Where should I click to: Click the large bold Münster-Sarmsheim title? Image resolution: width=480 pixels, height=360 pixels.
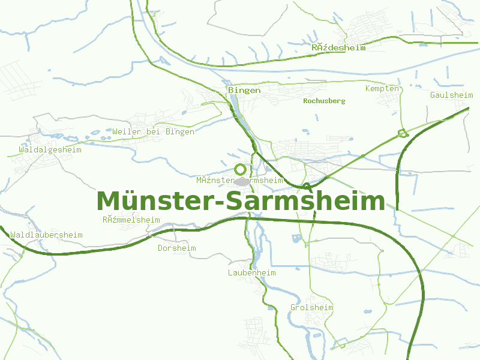click(x=240, y=201)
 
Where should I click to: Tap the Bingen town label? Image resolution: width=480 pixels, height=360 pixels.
click(x=244, y=90)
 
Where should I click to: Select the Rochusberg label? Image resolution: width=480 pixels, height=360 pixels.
click(x=324, y=101)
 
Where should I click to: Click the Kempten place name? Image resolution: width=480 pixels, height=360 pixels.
click(x=382, y=89)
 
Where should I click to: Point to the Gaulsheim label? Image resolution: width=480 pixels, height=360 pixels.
click(x=451, y=95)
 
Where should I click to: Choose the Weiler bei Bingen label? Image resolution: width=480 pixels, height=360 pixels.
click(x=153, y=131)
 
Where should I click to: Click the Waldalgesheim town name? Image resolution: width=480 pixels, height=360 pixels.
click(x=50, y=149)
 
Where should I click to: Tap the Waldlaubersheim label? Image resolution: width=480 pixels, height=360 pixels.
click(x=46, y=235)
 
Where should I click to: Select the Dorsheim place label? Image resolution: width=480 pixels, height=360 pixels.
click(x=176, y=248)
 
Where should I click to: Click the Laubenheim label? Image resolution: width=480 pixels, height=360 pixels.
click(x=251, y=272)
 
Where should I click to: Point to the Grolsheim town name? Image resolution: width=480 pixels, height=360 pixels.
click(x=311, y=307)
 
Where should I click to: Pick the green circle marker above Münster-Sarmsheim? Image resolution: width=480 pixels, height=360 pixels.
click(x=241, y=169)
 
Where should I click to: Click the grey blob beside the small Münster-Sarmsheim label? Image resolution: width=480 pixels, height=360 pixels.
click(x=242, y=181)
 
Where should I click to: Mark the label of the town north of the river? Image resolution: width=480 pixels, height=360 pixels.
click(x=338, y=47)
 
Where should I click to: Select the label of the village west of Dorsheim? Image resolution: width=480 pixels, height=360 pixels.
click(x=131, y=220)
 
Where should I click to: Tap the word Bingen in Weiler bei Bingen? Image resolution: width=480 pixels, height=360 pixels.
click(x=180, y=131)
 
